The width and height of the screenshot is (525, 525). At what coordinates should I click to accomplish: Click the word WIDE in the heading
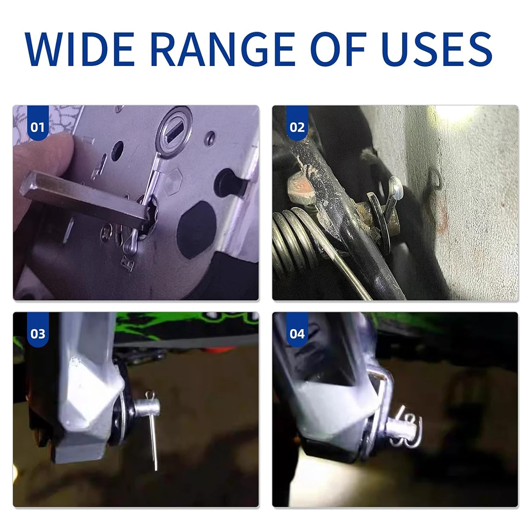pyautogui.click(x=79, y=49)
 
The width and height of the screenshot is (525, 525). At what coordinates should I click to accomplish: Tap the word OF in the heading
pyautogui.click(x=338, y=49)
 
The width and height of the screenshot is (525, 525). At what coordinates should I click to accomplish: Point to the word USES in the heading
pyautogui.click(x=437, y=49)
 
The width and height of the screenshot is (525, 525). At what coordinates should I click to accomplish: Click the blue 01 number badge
pyautogui.click(x=38, y=123)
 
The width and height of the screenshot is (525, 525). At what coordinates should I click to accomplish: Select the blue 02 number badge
pyautogui.click(x=297, y=123)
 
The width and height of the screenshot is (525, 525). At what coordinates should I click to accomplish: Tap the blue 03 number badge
pyautogui.click(x=38, y=330)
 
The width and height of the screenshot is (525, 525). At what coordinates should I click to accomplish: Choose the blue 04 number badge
pyautogui.click(x=297, y=330)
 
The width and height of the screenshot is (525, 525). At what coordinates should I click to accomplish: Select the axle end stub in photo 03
pyautogui.click(x=147, y=407)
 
